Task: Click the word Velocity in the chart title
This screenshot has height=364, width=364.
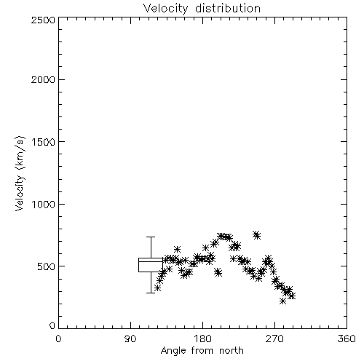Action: (x=165, y=9)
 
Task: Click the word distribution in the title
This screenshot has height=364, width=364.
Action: (x=228, y=8)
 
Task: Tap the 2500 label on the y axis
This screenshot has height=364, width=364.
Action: (x=43, y=20)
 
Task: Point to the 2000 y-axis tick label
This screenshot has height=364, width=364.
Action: (x=43, y=79)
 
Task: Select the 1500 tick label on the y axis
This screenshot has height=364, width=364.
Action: (x=44, y=142)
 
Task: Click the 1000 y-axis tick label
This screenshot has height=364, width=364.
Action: (x=44, y=204)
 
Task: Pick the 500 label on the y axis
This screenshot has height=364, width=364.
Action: (x=47, y=266)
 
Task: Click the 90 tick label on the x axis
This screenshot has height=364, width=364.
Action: (x=130, y=339)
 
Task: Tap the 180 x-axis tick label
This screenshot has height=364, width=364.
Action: (x=202, y=339)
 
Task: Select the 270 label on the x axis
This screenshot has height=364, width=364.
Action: (x=274, y=339)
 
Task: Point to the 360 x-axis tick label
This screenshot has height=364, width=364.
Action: (x=347, y=339)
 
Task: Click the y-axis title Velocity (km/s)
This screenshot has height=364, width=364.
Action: (x=20, y=173)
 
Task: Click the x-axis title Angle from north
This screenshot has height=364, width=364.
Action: (x=202, y=351)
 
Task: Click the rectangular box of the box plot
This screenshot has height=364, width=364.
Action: (x=151, y=258)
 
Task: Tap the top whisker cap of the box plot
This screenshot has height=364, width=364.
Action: (x=151, y=237)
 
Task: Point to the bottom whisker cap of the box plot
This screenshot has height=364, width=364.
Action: (x=151, y=293)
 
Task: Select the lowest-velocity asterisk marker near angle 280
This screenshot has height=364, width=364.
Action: (x=282, y=301)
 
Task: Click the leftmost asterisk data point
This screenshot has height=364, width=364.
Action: (x=157, y=288)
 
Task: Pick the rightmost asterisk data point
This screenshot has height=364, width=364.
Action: (x=292, y=296)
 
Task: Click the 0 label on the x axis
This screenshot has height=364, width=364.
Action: (x=58, y=339)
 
